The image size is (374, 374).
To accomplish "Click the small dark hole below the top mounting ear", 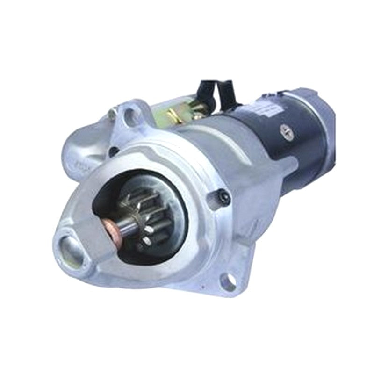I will pos(114,151).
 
